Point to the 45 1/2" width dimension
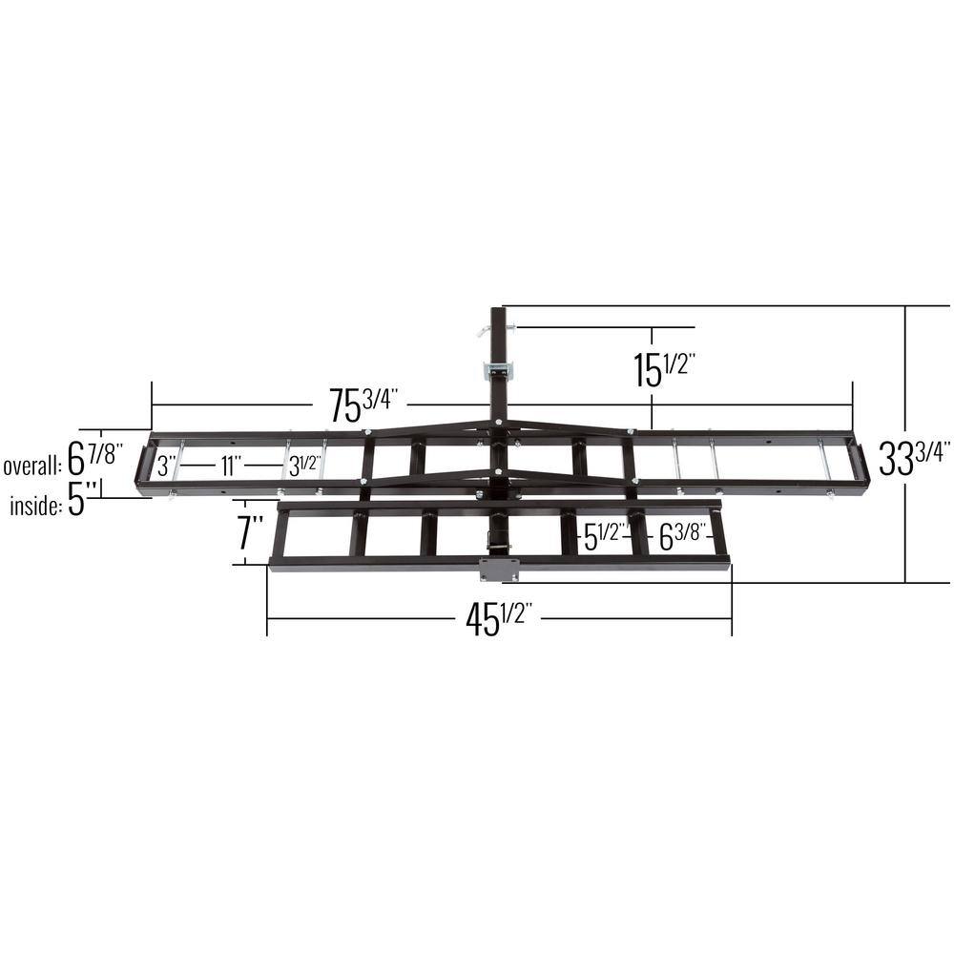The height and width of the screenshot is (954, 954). point(498,620)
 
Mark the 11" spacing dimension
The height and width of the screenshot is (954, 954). point(229,467)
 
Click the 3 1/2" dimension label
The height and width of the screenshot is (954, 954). point(303,467)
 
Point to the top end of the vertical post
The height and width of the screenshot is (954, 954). point(499,311)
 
